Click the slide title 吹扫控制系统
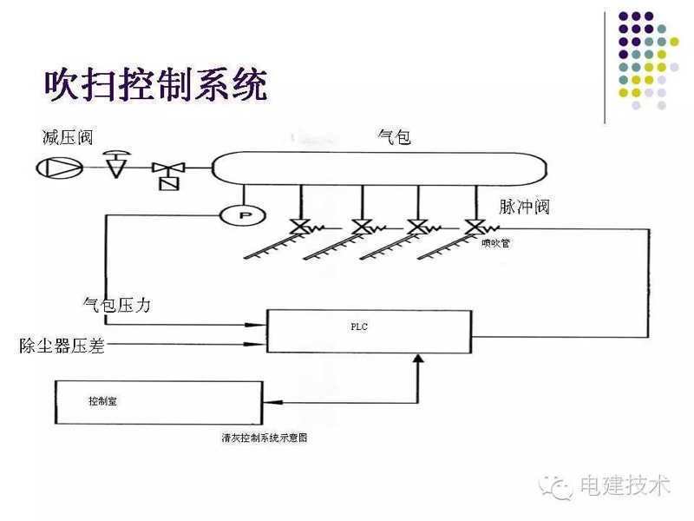pyautogui.click(x=155, y=84)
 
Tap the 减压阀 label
pyautogui.click(x=67, y=137)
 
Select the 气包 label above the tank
pyautogui.click(x=394, y=136)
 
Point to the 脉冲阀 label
pyautogui.click(x=524, y=208)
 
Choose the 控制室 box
pyautogui.click(x=159, y=402)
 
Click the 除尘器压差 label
pyautogui.click(x=62, y=346)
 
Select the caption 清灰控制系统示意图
pyautogui.click(x=265, y=439)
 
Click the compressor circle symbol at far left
pyautogui.click(x=59, y=168)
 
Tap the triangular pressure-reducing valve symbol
pyautogui.click(x=114, y=165)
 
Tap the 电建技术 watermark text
pyautogui.click(x=624, y=485)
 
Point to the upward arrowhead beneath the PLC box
pyautogui.click(x=419, y=359)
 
